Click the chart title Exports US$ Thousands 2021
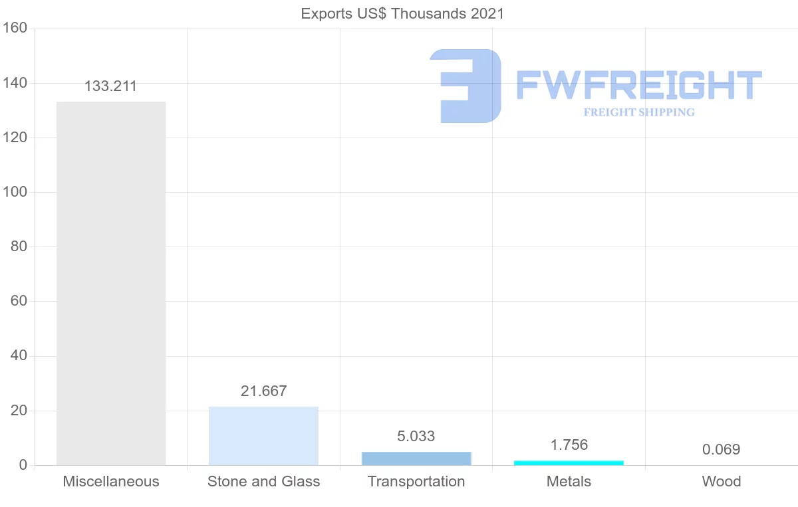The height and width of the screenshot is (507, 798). click(x=402, y=13)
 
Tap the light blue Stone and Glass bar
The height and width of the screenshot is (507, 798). click(x=263, y=436)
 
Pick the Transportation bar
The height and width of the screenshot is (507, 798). click(x=416, y=458)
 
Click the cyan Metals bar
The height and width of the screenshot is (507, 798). click(x=569, y=462)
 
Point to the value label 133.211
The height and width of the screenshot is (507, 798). click(x=110, y=86)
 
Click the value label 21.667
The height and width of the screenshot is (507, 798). click(x=263, y=391)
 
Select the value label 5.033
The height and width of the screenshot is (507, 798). click(x=416, y=436)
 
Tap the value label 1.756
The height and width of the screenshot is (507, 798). click(x=569, y=445)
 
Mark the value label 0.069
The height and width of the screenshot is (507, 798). click(x=721, y=449)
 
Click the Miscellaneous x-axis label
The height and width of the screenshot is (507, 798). click(x=111, y=481)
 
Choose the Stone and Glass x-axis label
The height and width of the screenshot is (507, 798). click(x=263, y=481)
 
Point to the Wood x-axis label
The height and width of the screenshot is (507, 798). click(x=721, y=481)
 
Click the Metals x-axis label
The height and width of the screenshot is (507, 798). click(x=569, y=481)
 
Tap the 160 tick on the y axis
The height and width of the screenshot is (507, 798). click(x=14, y=28)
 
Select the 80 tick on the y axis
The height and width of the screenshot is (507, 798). click(x=19, y=247)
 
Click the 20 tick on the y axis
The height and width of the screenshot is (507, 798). click(x=19, y=411)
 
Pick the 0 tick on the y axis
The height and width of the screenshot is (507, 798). click(x=23, y=465)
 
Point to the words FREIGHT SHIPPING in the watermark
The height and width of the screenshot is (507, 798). click(x=638, y=112)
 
